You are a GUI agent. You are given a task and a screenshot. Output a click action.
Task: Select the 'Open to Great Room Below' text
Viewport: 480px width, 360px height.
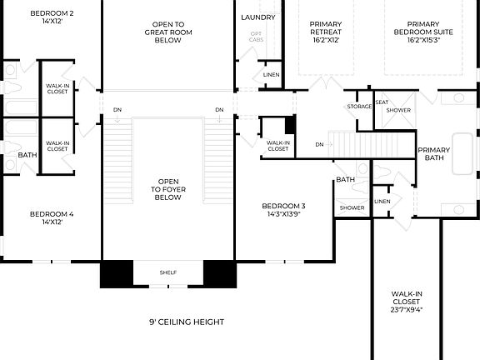pyautogui.click(x=167, y=32)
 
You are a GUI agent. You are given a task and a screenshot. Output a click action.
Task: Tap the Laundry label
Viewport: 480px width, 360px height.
pyautogui.click(x=257, y=17)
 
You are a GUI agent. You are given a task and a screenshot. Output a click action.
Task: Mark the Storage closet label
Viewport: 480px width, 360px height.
pyautogui.click(x=359, y=107)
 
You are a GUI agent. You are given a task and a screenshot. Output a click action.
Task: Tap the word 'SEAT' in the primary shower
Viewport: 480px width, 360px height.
pyautogui.click(x=382, y=102)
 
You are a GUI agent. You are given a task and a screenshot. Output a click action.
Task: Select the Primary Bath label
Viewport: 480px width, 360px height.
pyautogui.click(x=434, y=153)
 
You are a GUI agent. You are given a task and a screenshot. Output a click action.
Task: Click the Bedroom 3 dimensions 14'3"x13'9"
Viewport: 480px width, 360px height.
pyautogui.click(x=284, y=215)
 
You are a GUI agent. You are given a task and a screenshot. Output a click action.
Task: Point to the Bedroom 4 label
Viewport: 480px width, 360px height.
pyautogui.click(x=52, y=214)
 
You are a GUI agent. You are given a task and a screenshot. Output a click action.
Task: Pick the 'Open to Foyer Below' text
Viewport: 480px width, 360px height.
pyautogui.click(x=167, y=189)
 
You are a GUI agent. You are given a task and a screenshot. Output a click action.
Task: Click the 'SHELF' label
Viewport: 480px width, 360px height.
pyautogui.click(x=167, y=272)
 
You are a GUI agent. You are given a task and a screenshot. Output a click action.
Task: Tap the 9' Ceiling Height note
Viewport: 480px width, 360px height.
pyautogui.click(x=187, y=322)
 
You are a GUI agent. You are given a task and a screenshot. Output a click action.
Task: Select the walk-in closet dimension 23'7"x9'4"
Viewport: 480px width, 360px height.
pyautogui.click(x=407, y=309)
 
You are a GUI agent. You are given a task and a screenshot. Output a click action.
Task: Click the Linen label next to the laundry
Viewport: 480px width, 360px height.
pyautogui.click(x=271, y=75)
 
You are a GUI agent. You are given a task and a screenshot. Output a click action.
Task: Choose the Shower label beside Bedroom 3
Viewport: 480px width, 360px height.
pyautogui.click(x=352, y=208)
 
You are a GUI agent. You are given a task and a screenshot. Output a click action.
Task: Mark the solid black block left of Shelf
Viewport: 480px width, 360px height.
pyautogui.click(x=116, y=274)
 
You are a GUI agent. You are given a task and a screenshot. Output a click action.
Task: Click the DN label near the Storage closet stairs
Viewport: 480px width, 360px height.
pyautogui.click(x=319, y=144)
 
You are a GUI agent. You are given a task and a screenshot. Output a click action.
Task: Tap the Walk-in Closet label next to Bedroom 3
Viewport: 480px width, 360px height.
pyautogui.click(x=277, y=145)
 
